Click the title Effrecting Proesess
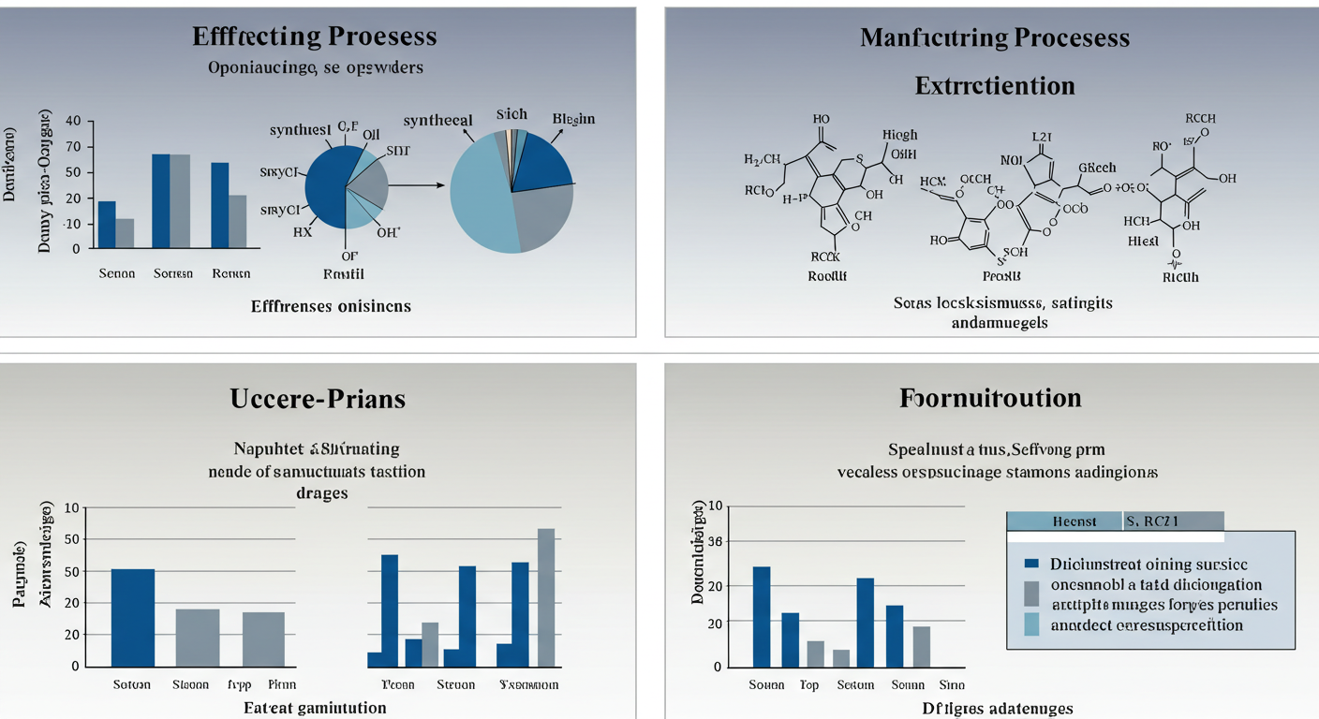pyautogui.click(x=315, y=37)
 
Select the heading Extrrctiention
pyautogui.click(x=994, y=85)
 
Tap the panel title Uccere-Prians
pyautogui.click(x=318, y=398)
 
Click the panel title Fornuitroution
pyautogui.click(x=990, y=398)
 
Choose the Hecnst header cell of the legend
pyautogui.click(x=1064, y=521)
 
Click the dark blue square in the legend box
pyautogui.click(x=1032, y=564)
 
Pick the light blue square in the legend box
pyautogui.click(x=1032, y=625)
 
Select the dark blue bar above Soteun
pyautogui.click(x=133, y=617)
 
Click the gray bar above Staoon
pyautogui.click(x=198, y=637)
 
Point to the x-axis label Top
pyautogui.click(x=809, y=685)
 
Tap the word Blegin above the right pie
pyautogui.click(x=573, y=119)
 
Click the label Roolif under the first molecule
pyautogui.click(x=827, y=276)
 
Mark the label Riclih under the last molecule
pyautogui.click(x=1180, y=277)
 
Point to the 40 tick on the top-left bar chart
pyautogui.click(x=73, y=121)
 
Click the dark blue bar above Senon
pyautogui.click(x=107, y=225)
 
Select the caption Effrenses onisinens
pyautogui.click(x=331, y=306)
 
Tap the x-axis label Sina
pyautogui.click(x=951, y=685)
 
